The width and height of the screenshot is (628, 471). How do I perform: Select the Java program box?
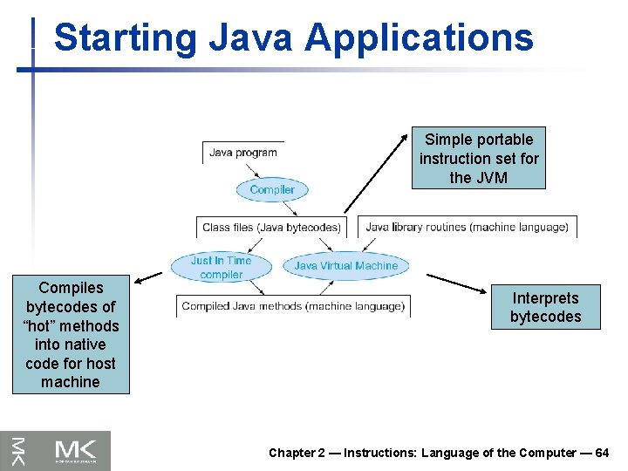pos(243,153)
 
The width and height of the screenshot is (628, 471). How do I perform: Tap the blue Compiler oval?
pos(272,189)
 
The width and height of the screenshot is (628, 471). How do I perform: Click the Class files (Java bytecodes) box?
pos(271,227)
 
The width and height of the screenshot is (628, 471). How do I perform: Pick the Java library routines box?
pos(467,227)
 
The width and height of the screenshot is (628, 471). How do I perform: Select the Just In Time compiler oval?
pos(221,267)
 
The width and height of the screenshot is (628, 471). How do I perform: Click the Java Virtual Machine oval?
pos(345,266)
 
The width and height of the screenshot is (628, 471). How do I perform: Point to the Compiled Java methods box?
pos(293,306)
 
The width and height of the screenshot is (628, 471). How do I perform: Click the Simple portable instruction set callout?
pos(479,158)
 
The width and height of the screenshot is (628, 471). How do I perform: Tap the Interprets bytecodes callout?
pos(545,307)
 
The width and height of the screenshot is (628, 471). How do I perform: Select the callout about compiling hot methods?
pos(70,335)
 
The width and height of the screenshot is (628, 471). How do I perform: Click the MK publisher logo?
pos(56,450)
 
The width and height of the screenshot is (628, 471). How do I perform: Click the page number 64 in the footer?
pos(602,453)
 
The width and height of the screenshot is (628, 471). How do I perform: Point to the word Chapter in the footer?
pos(291,453)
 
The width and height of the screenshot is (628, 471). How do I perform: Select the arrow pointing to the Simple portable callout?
pos(377,171)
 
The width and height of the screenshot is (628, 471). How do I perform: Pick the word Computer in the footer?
pos(548,453)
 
